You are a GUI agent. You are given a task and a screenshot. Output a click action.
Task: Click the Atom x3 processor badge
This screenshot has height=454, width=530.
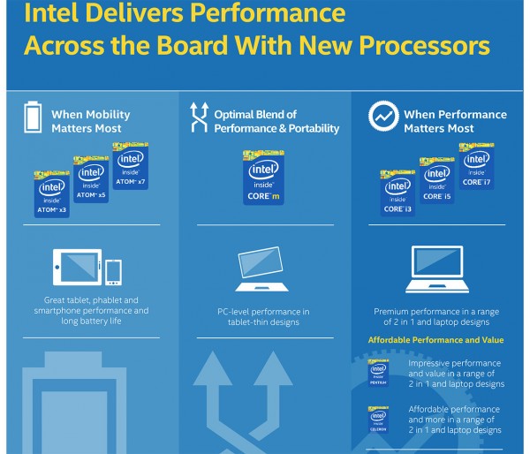51,194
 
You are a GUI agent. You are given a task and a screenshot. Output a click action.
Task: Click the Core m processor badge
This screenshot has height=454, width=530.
262,176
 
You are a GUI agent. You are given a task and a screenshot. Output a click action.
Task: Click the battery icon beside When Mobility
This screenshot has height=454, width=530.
33,118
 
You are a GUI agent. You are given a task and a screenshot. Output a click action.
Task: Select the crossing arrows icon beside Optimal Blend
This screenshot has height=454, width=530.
199,118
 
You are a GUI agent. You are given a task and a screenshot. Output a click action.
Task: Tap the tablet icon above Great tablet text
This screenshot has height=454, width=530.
78,269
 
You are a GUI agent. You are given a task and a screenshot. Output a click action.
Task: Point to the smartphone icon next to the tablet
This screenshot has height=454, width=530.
113,273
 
